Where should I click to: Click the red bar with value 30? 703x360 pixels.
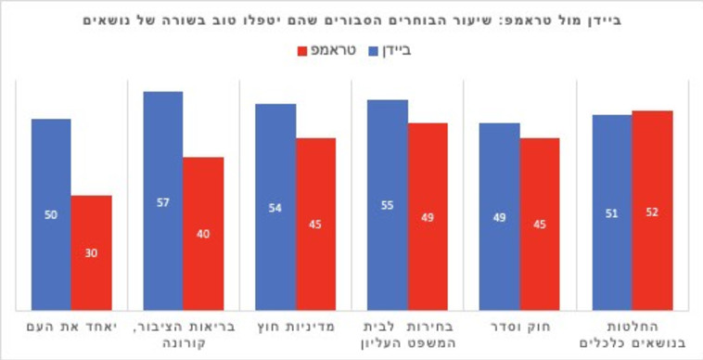tap(91, 252)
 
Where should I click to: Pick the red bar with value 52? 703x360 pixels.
tap(652, 211)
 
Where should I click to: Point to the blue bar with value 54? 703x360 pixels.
tap(275, 207)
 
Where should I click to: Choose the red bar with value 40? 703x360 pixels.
tap(203, 233)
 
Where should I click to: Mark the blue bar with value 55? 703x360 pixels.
tap(387, 205)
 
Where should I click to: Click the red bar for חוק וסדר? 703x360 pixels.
tap(540, 224)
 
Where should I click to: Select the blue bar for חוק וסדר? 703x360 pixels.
tap(499, 216)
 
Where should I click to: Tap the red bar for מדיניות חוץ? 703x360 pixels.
tap(315, 224)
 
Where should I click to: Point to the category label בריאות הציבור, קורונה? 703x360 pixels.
tap(183, 336)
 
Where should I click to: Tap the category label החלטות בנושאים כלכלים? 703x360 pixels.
tap(632, 336)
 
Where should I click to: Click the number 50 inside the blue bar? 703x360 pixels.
tap(51, 214)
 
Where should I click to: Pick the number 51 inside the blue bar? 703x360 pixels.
tap(611, 212)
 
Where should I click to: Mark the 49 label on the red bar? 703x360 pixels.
tap(428, 217)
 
